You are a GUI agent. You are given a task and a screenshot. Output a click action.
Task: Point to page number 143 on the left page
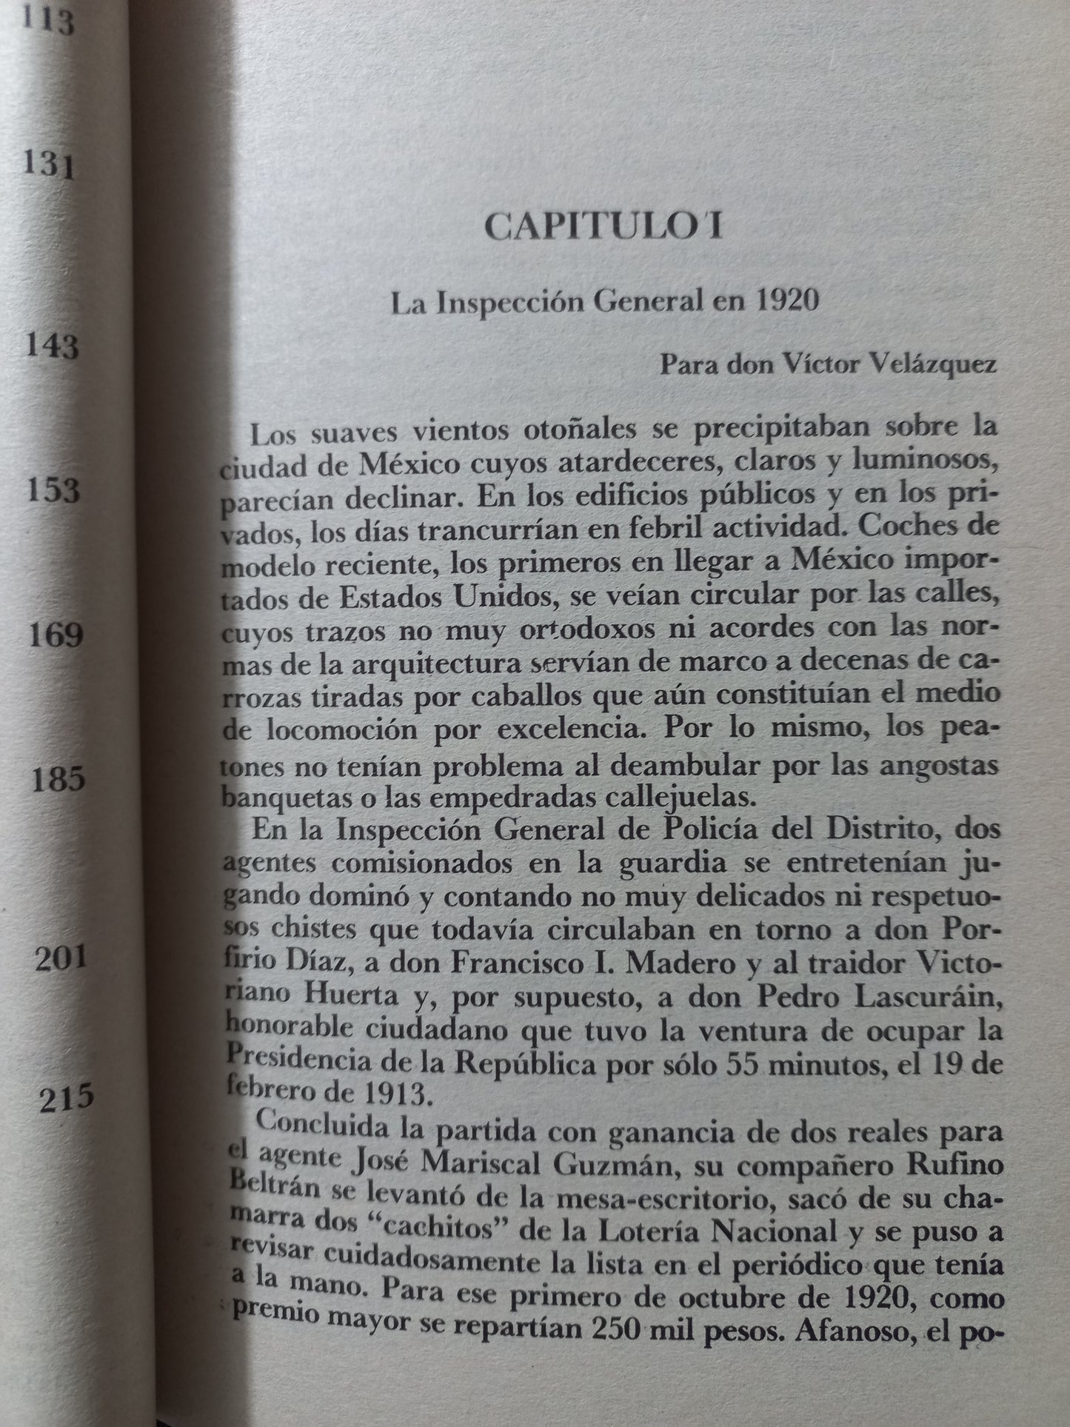click(x=52, y=345)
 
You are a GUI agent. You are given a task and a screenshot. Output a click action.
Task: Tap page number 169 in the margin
click(x=54, y=635)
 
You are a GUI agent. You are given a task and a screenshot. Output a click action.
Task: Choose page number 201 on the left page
click(x=62, y=959)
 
